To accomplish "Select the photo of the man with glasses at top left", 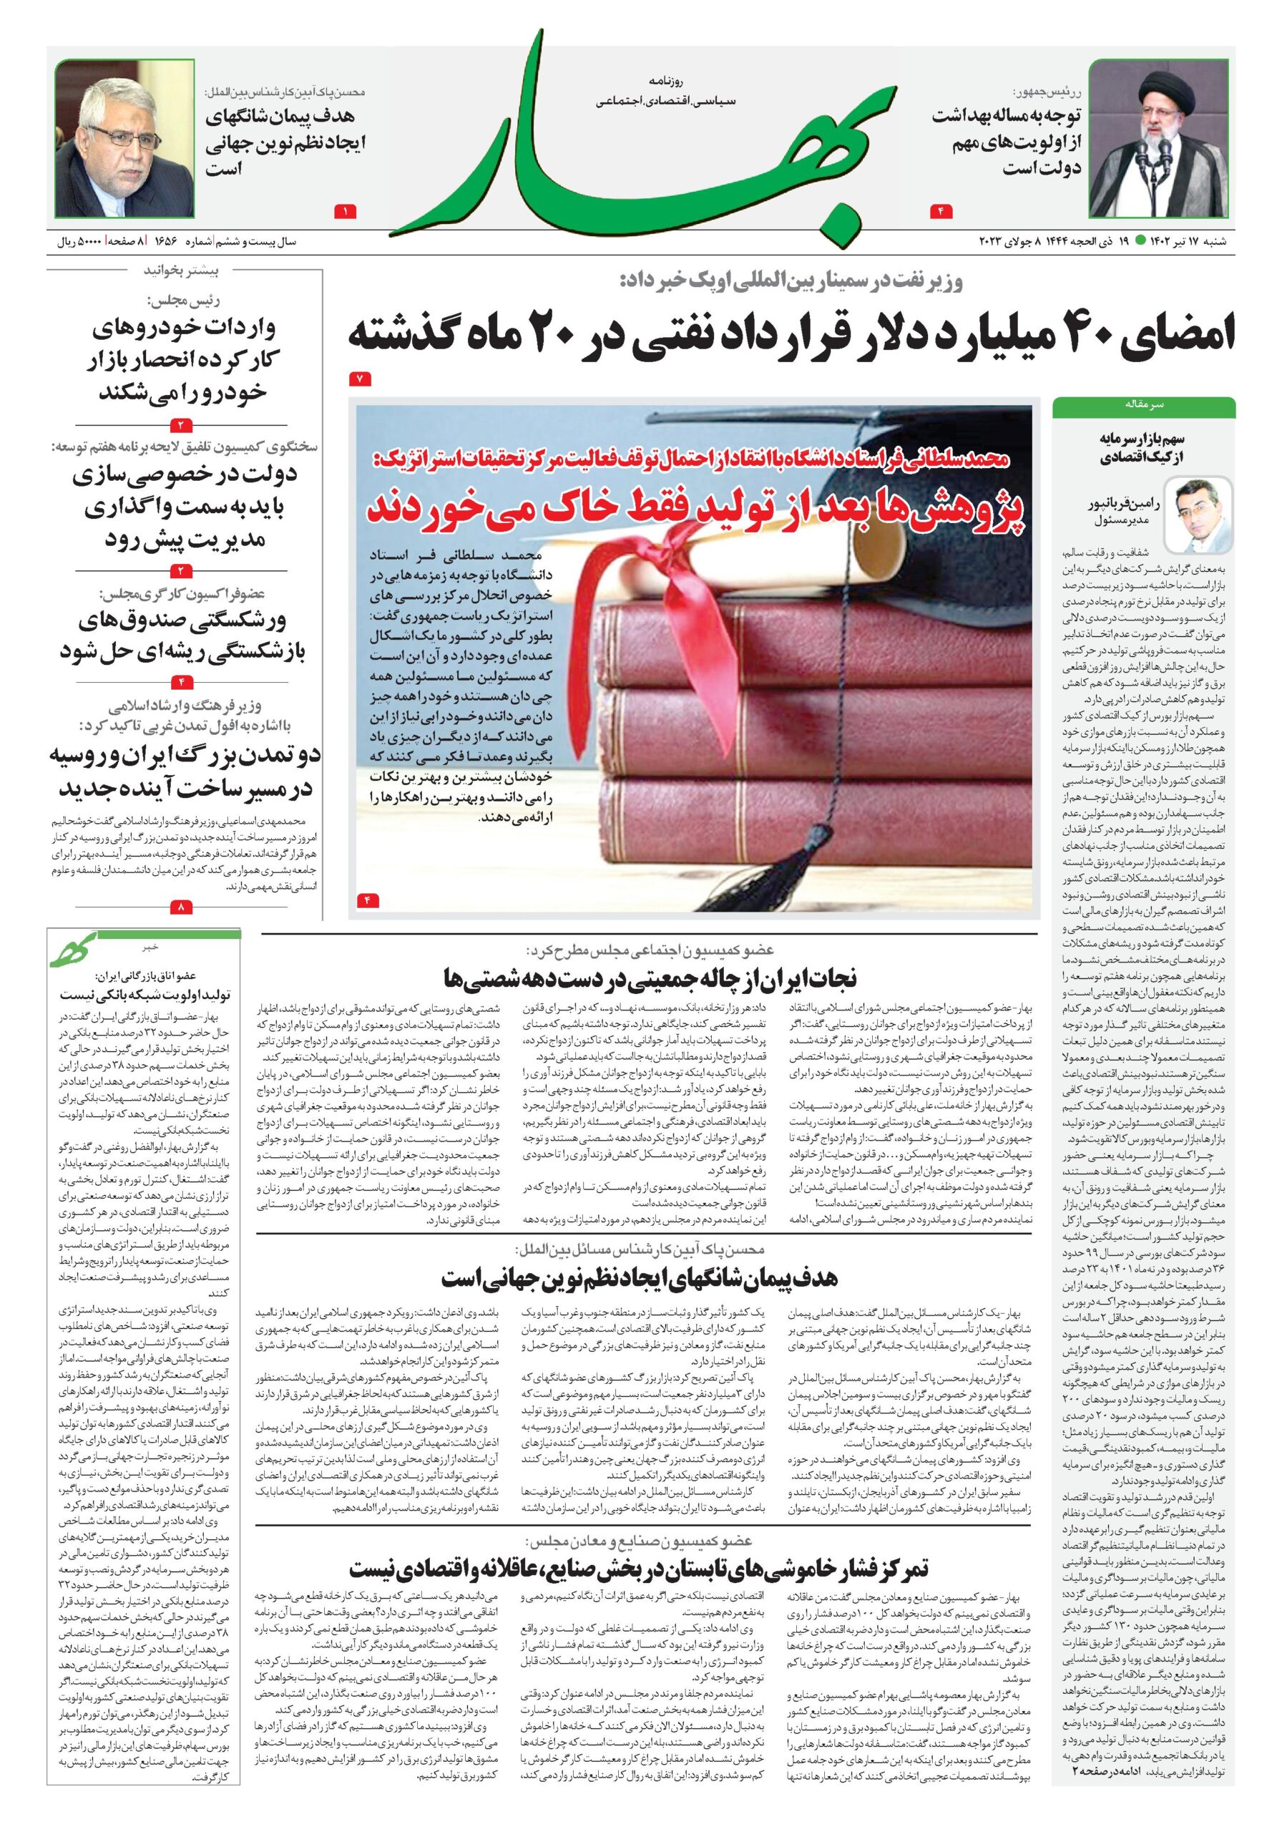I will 124,139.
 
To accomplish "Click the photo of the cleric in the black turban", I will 1158,140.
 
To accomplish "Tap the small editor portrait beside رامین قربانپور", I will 1198,515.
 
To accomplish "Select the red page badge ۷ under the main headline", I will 360,380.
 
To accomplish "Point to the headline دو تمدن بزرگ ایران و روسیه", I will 182,771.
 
